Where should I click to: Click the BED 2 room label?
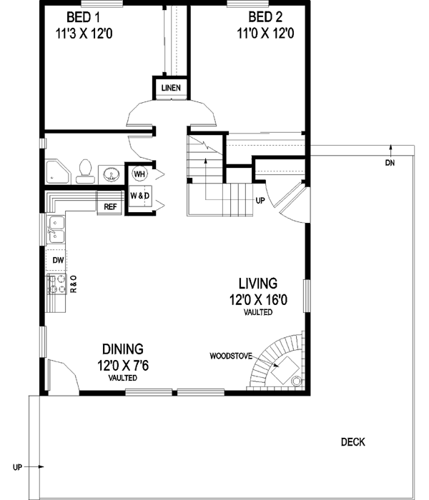(265, 16)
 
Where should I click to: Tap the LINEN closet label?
(171, 89)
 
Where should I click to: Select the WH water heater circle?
(139, 174)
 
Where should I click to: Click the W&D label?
(139, 195)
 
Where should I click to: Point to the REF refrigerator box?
(110, 207)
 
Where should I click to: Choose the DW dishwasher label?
(57, 260)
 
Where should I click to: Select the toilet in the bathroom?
(84, 169)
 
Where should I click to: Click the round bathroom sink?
(110, 174)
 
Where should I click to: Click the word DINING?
(122, 349)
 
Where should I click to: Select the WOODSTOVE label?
(230, 355)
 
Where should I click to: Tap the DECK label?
(352, 442)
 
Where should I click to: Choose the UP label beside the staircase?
(260, 201)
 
